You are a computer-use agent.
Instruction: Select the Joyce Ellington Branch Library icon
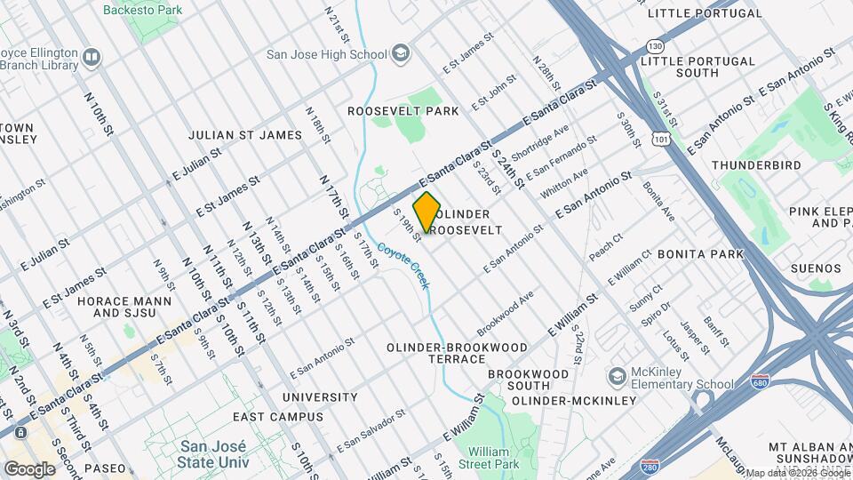(x=91, y=59)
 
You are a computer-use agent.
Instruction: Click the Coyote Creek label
(x=401, y=265)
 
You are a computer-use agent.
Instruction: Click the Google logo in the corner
(x=30, y=468)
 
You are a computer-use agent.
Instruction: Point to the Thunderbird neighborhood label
(x=756, y=165)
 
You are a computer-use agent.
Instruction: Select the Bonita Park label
(x=701, y=254)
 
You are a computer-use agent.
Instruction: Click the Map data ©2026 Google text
(x=798, y=473)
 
